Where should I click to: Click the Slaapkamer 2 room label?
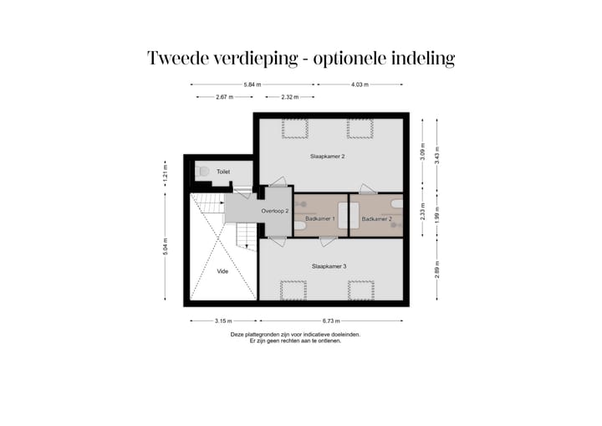(x=328, y=157)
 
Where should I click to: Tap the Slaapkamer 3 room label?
(x=329, y=266)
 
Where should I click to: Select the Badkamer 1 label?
(x=319, y=218)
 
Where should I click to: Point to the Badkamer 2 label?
(x=376, y=218)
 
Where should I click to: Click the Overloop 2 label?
(x=274, y=211)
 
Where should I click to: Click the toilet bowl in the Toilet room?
(x=203, y=171)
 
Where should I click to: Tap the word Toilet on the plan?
(x=223, y=172)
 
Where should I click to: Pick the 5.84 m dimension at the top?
(x=253, y=85)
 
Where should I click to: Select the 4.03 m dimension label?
(x=360, y=85)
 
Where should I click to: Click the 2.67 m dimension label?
(x=223, y=98)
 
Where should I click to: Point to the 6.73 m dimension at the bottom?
(x=332, y=321)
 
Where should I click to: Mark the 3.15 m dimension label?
(x=222, y=321)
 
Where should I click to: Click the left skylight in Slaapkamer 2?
(x=294, y=128)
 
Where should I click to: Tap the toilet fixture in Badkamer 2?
(x=397, y=203)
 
